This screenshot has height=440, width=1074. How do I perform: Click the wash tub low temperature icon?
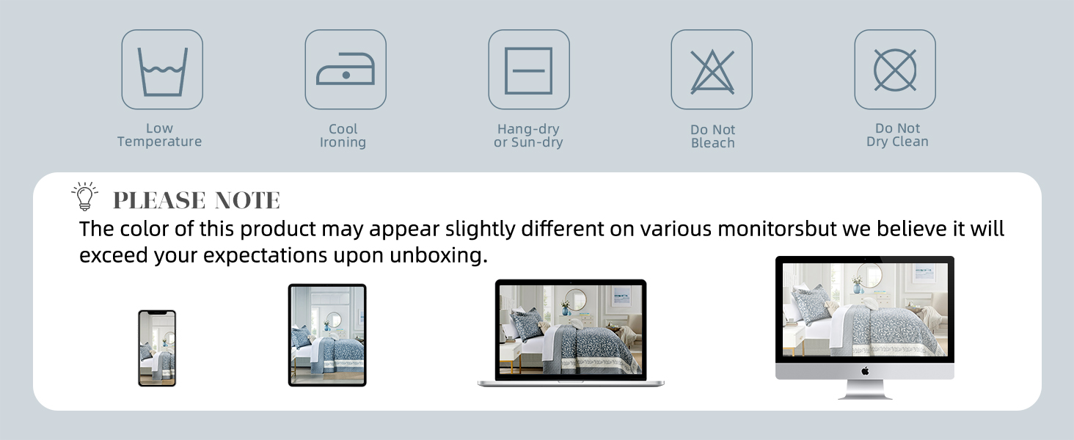click(x=163, y=72)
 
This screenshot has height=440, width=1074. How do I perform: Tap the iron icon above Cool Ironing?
click(x=346, y=69)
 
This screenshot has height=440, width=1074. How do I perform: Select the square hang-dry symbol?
click(x=528, y=70)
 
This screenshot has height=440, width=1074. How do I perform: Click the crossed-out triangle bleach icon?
click(x=712, y=71)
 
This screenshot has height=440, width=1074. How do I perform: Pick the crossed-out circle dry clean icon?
click(x=895, y=70)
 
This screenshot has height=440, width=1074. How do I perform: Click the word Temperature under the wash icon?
click(x=160, y=142)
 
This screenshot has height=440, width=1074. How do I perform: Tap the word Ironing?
click(x=343, y=142)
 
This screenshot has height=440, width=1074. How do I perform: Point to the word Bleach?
click(x=713, y=143)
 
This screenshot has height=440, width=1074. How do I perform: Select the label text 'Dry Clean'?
click(x=897, y=142)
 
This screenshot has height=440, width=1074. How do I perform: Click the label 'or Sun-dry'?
click(x=528, y=142)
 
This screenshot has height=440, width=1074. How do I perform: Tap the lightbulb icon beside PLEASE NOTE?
click(x=85, y=196)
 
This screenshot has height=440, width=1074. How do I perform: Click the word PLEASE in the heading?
click(x=159, y=200)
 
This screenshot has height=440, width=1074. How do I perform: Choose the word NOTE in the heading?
click(x=247, y=200)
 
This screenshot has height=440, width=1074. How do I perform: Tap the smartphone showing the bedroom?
click(x=157, y=348)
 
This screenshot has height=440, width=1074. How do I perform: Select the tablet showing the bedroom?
click(x=327, y=335)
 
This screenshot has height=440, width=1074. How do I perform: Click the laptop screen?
click(x=571, y=330)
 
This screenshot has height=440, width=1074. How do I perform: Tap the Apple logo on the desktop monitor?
click(x=865, y=371)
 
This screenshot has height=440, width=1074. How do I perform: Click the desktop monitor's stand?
click(x=865, y=389)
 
